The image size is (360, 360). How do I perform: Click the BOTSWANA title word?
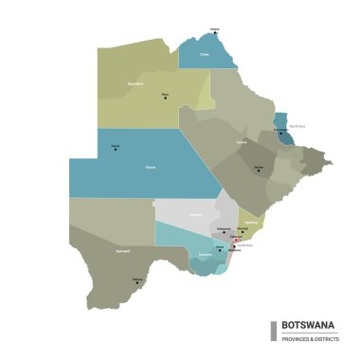tap(308, 324)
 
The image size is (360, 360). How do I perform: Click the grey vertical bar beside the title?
tap(274, 330)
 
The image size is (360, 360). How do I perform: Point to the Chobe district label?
tap(204, 55)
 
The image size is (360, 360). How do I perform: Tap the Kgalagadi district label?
tap(122, 252)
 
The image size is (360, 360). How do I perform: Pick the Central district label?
tap(242, 143)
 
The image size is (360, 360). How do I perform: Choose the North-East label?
tap(297, 126)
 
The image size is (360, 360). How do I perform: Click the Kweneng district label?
tap(196, 215)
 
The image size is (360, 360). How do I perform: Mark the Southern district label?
tap(206, 255)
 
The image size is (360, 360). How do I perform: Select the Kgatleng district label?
tap(250, 224)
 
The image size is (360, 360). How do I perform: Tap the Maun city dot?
tap(166, 98)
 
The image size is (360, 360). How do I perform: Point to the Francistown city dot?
tap(280, 134)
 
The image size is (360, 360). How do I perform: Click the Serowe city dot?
tap(258, 171)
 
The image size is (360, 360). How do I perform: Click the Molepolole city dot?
tap(225, 232)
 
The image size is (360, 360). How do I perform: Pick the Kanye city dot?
tap(221, 249)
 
